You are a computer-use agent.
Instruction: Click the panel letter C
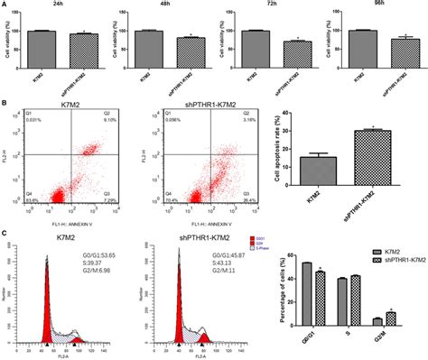pos(5,233)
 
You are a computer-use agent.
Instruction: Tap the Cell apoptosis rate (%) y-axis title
pos(287,149)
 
